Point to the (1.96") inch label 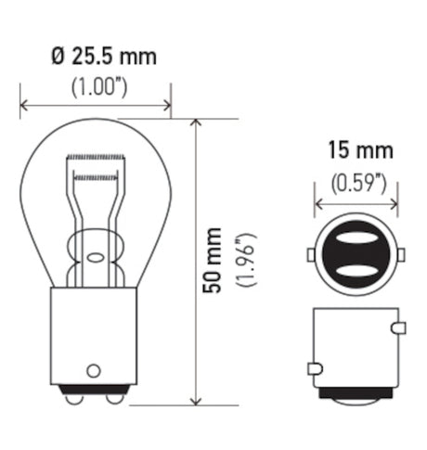(x=246, y=261)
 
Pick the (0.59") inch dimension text (x=358, y=183)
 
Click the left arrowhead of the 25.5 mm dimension (x=24, y=106)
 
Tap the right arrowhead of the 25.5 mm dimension (x=167, y=106)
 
